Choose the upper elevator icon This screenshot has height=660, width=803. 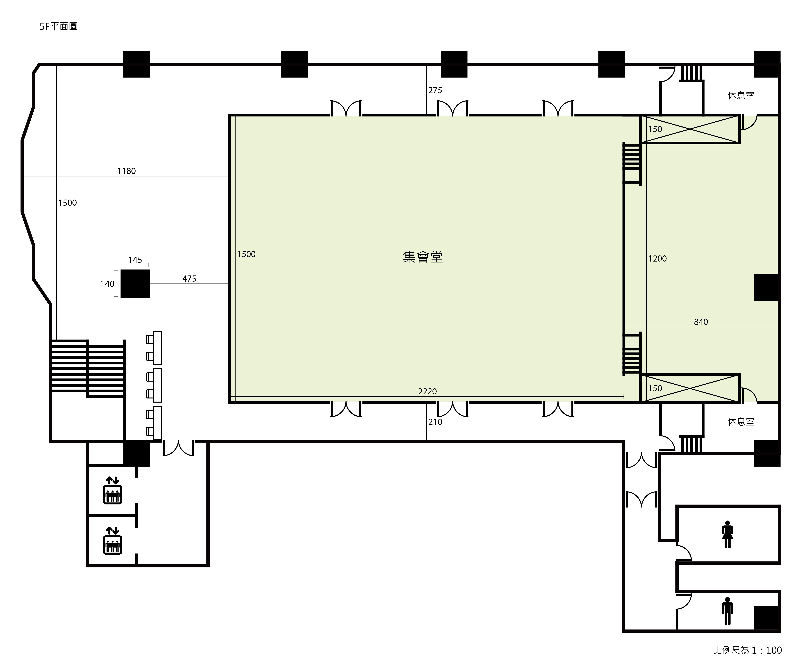click(x=112, y=490)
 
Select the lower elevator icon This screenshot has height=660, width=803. click(x=112, y=540)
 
